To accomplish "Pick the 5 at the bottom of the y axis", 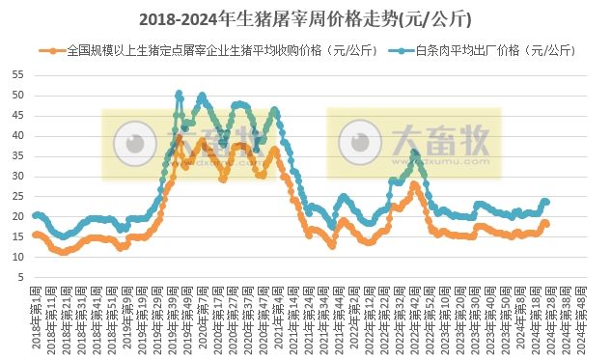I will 20,277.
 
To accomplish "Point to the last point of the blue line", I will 547,202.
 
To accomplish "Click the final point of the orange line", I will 547,224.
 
